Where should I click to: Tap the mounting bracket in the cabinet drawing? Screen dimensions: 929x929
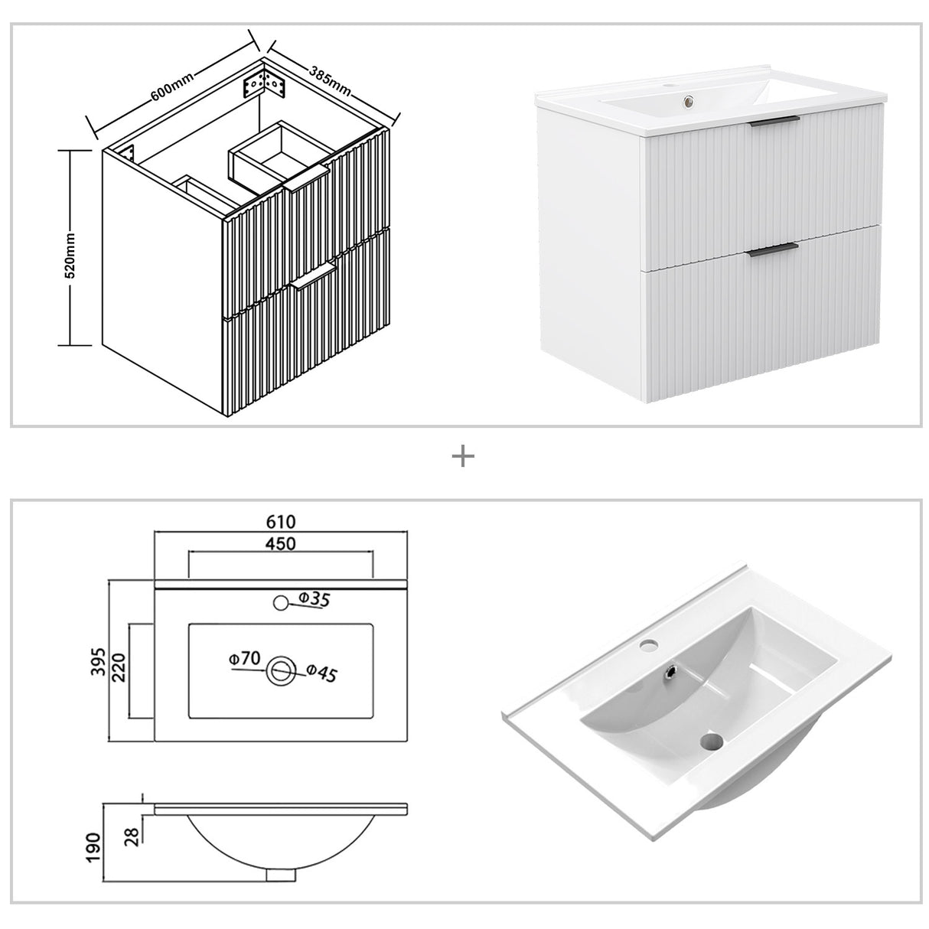(265, 83)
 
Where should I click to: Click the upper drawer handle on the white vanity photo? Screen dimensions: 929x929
(774, 122)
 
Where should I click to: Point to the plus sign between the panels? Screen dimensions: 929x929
(463, 457)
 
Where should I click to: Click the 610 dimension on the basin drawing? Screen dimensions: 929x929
(280, 522)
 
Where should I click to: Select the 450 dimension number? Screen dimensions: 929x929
(280, 543)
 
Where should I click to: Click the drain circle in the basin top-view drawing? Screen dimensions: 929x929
(281, 671)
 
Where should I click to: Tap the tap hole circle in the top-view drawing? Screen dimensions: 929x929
(281, 603)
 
